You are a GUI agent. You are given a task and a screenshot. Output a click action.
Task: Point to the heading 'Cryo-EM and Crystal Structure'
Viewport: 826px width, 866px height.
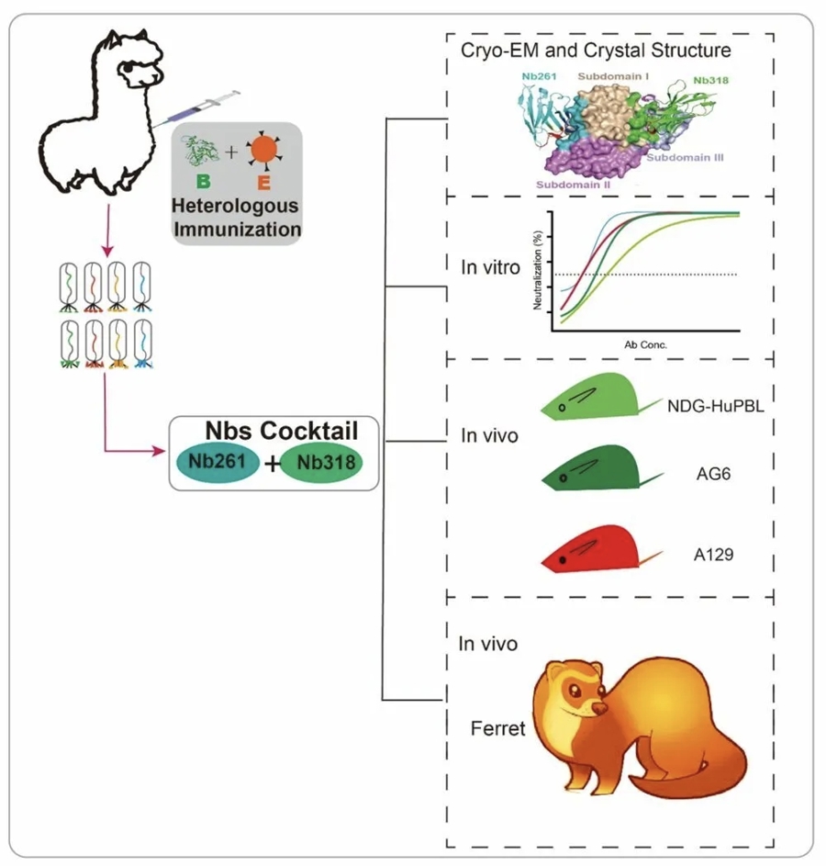[x=597, y=50]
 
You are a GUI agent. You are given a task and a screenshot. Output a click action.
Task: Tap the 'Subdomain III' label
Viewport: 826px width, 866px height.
[x=686, y=158]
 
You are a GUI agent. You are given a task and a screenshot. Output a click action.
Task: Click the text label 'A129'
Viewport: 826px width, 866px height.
[x=715, y=557]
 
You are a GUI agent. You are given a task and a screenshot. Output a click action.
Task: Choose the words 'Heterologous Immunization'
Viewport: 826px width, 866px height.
[x=239, y=212]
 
